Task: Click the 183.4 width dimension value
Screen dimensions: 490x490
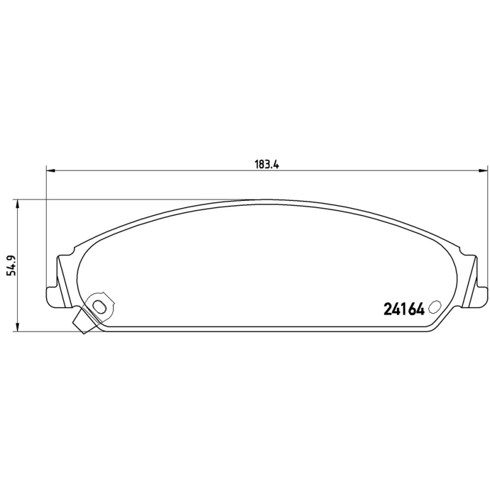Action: pyautogui.click(x=262, y=164)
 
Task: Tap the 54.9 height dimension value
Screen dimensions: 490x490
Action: pyautogui.click(x=10, y=266)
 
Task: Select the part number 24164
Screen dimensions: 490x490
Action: pyautogui.click(x=404, y=309)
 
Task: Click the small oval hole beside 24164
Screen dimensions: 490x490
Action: pyautogui.click(x=435, y=307)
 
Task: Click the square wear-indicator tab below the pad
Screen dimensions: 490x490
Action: pyautogui.click(x=81, y=323)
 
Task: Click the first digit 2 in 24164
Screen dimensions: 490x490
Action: pyautogui.click(x=387, y=309)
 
